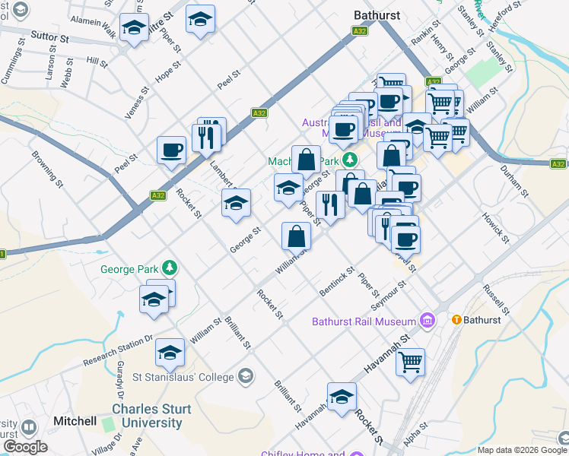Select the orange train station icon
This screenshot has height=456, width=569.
point(458,320)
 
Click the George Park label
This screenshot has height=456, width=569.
point(130,268)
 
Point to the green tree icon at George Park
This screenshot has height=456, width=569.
point(171,268)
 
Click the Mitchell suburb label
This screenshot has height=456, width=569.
point(75,421)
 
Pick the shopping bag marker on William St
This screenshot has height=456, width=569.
point(296,236)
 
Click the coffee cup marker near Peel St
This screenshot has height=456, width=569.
point(171,149)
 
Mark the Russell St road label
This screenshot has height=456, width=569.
point(495,300)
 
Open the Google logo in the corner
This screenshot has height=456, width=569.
point(25,447)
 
